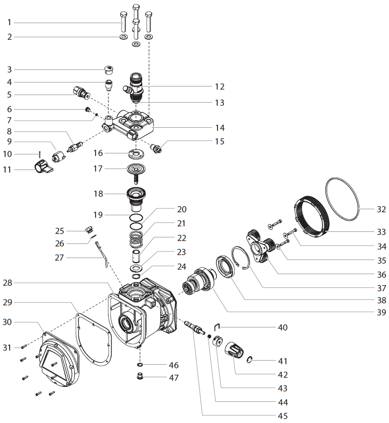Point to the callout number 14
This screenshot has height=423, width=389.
(x=219, y=127)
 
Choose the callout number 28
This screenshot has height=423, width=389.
(x=10, y=283)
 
